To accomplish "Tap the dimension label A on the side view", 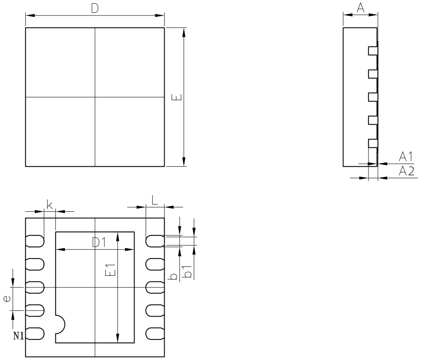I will click(x=360, y=8).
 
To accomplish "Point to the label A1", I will click(x=406, y=157).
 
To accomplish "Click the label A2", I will click(x=406, y=171).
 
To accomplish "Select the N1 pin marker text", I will click(x=18, y=336).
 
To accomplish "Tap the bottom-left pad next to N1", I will click(x=36, y=333).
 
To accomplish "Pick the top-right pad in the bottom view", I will click(x=155, y=241).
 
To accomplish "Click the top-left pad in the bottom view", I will click(x=35, y=241).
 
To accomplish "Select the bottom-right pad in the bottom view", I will click(x=155, y=333).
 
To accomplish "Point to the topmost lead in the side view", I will click(x=373, y=51).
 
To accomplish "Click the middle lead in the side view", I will click(x=373, y=97).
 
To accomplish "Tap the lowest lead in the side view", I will click(x=373, y=143).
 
